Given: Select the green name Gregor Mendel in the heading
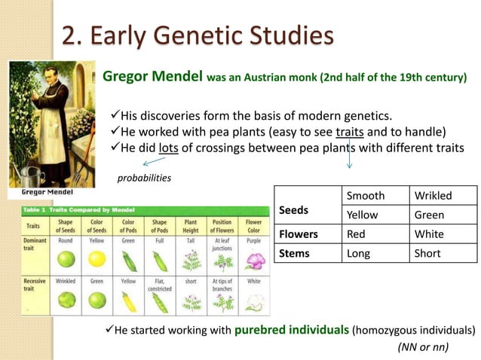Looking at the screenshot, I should [x=152, y=76].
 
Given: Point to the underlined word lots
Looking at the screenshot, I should [x=168, y=148].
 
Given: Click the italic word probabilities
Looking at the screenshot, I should [x=144, y=178].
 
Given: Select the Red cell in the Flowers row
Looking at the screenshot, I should [x=356, y=234].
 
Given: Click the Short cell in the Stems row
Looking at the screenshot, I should [x=427, y=253].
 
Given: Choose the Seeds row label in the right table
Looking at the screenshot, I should [x=293, y=210].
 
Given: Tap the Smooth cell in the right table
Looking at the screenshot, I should [x=366, y=196].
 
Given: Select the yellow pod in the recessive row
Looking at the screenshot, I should [x=129, y=301].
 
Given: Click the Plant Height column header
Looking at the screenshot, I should [x=191, y=227].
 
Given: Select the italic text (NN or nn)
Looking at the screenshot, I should [x=422, y=346].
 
